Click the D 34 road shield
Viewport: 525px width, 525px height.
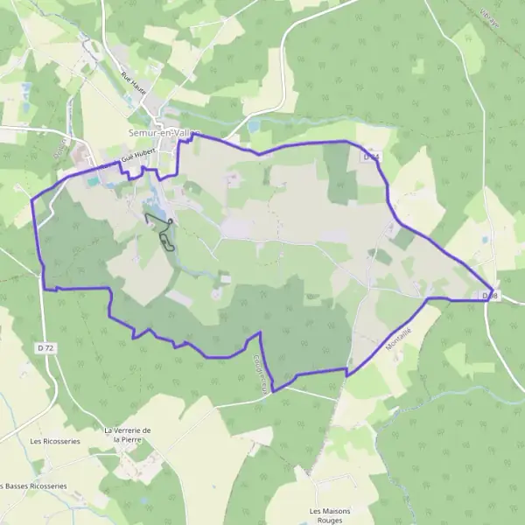(371, 156)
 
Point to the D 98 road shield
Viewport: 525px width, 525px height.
(489, 297)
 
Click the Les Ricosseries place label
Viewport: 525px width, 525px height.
(54, 441)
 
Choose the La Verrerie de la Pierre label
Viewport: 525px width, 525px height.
(128, 435)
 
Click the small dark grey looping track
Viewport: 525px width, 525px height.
(161, 229)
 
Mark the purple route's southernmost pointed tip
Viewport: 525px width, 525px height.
(273, 392)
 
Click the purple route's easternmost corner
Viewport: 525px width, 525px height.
(493, 290)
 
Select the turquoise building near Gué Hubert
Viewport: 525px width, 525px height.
(92, 181)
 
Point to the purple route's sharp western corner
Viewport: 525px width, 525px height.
(32, 200)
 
